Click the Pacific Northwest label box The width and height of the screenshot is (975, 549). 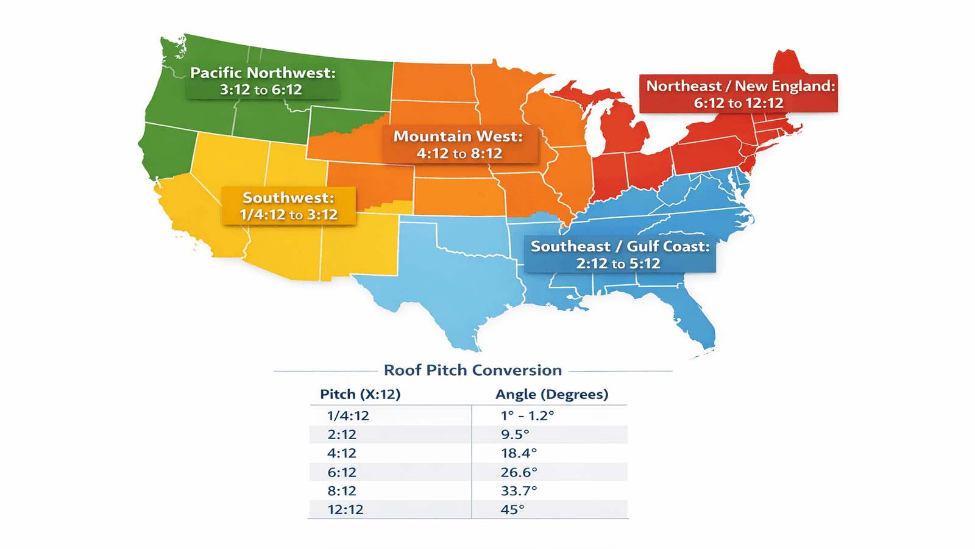point(263,81)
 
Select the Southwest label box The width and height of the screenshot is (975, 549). point(288,206)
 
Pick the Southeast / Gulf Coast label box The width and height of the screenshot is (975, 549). point(620,254)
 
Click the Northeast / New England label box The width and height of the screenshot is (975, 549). point(739,94)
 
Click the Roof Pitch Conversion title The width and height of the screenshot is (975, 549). point(473,370)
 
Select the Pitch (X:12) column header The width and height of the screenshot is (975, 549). point(360,394)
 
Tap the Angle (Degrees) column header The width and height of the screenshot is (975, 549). point(551,394)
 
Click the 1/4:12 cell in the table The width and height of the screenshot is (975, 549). point(348,415)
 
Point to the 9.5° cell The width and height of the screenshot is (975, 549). point(515,434)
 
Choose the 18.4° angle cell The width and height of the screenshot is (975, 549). point(519,453)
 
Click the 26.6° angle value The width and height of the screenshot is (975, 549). point(519,472)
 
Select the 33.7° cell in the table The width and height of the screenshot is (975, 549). point(519,490)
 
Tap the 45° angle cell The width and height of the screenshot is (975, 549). point(512,509)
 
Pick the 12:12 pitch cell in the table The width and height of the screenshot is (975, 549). point(345,509)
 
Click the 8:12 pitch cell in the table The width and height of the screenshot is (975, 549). point(342,490)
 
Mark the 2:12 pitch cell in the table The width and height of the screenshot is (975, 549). point(342,434)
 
